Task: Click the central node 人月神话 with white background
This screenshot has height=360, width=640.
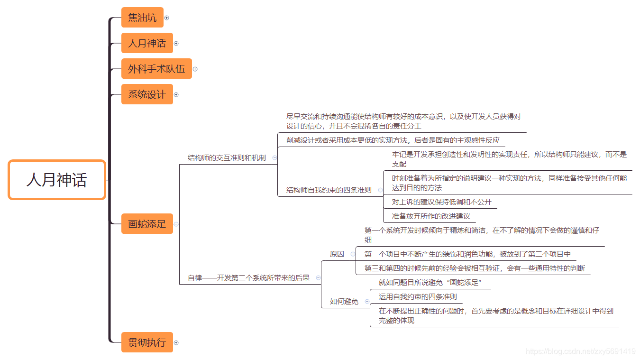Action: coord(57,180)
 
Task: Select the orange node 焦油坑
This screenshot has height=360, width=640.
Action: coord(142,18)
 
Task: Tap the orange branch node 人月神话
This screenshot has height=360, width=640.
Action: coord(147,43)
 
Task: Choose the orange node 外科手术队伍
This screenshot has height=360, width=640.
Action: coord(156,69)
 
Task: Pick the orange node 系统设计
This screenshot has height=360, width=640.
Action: coord(147,94)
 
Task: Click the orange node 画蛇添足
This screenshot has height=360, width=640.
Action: coord(147,224)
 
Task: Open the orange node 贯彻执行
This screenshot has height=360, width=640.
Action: coord(147,342)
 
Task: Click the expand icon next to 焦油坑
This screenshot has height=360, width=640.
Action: coord(167,18)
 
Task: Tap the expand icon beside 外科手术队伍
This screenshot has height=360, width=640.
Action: coord(195,69)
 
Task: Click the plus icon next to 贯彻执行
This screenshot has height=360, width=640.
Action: coord(176,342)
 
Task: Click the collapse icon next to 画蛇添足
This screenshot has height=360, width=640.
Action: coord(176,224)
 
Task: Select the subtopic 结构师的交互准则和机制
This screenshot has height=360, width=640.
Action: coord(227,157)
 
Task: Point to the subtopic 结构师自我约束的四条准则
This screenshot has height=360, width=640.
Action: coord(329,190)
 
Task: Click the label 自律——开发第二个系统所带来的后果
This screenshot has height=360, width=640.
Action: coord(248,277)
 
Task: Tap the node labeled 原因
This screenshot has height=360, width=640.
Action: coord(337,254)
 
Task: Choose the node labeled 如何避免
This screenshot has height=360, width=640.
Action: coord(344,301)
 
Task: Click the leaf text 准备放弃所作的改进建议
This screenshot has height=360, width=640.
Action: coord(431,216)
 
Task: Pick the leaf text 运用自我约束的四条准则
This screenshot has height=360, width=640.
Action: coord(418,296)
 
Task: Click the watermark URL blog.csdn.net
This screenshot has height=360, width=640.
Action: coord(580,351)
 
